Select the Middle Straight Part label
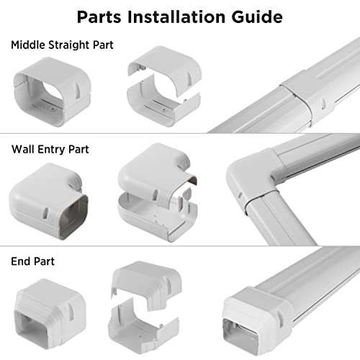click(x=62, y=45)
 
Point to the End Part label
click(x=33, y=262)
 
